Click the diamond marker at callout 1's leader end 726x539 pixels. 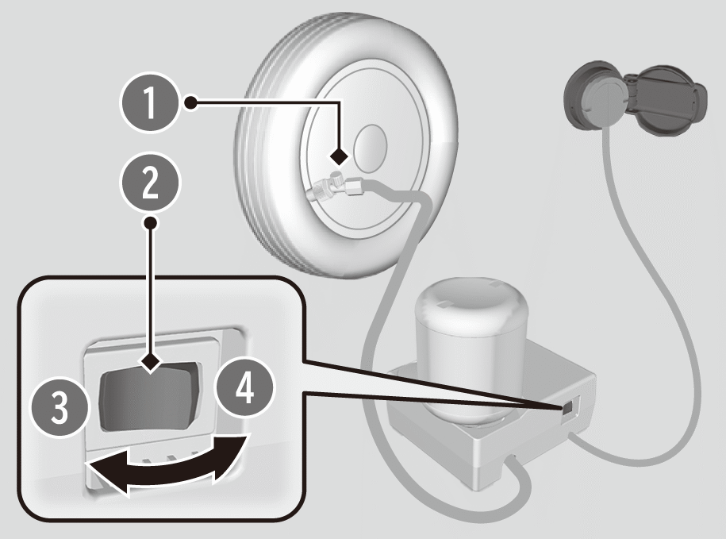[340, 154]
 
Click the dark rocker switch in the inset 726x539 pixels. [149, 393]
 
